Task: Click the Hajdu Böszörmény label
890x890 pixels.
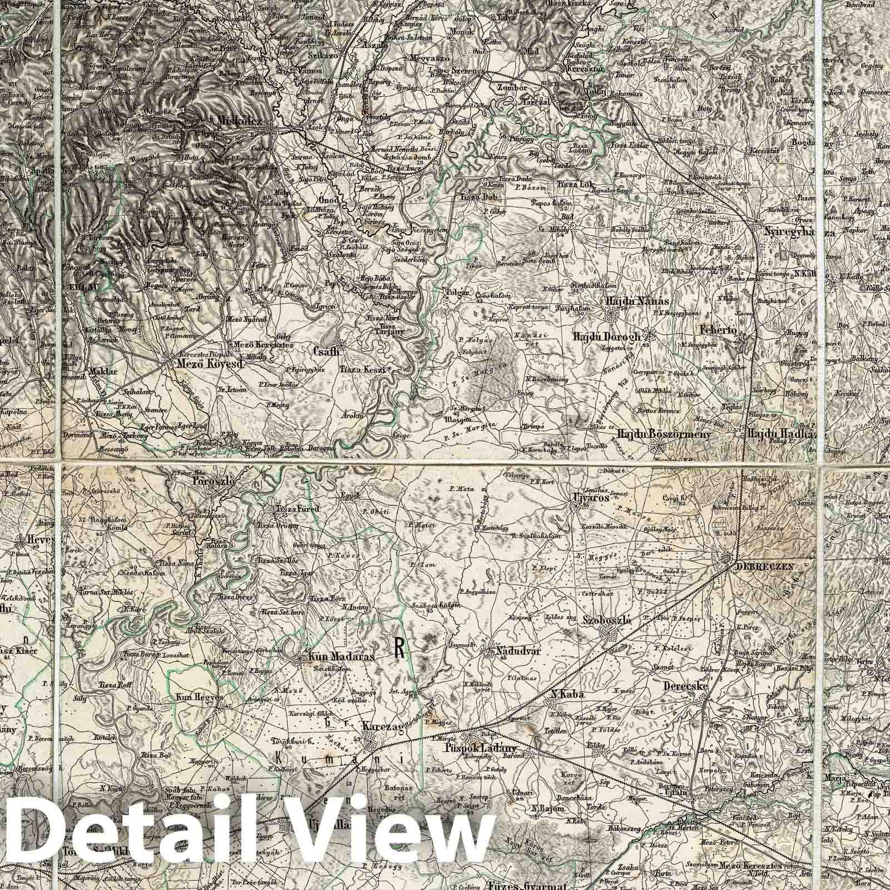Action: tap(664, 434)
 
